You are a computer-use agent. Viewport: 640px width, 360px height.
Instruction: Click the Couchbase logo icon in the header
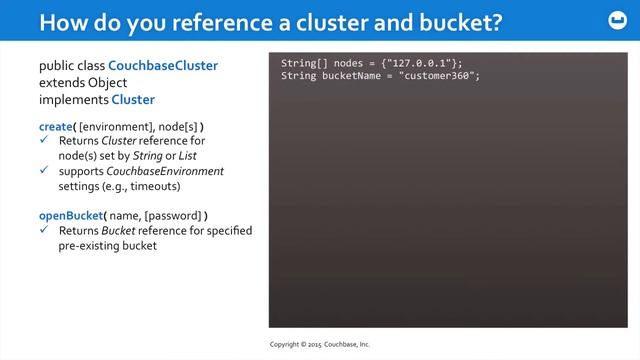[613, 21]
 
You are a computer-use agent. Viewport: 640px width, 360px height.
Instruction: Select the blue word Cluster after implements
[133, 100]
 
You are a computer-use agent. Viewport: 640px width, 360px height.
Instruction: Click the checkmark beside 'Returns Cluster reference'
[44, 141]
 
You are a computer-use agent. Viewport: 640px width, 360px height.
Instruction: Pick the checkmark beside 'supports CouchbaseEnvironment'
[44, 171]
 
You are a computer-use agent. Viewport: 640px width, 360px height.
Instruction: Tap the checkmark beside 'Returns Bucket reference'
[44, 231]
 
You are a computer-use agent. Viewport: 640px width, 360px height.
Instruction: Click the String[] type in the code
[304, 64]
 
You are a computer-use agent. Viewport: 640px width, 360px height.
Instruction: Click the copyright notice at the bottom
[320, 344]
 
